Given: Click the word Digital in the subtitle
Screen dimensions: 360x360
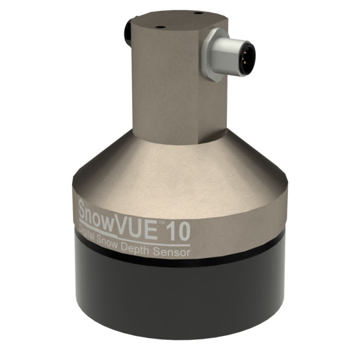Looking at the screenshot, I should click(x=92, y=235).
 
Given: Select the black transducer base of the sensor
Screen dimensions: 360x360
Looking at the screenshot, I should click(x=180, y=298).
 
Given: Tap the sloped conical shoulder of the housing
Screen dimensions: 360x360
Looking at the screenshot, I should click(x=170, y=165).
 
